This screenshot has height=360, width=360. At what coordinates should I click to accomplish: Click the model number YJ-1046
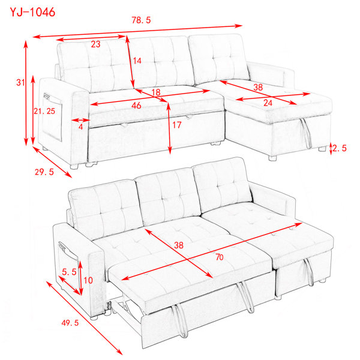(x=32, y=12)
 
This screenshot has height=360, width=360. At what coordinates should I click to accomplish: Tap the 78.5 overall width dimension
(x=141, y=20)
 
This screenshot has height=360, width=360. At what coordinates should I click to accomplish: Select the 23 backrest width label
(x=95, y=44)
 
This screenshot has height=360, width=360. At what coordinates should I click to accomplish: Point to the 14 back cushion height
(x=137, y=61)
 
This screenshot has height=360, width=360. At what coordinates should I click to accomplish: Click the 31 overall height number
(x=20, y=82)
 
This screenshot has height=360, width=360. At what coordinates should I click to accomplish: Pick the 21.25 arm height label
(x=44, y=111)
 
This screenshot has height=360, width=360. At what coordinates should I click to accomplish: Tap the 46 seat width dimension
(x=136, y=106)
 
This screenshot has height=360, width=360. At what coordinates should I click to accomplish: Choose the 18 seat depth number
(x=156, y=92)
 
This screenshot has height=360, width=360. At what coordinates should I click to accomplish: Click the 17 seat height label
(x=177, y=125)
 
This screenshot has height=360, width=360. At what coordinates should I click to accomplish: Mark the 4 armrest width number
(x=80, y=127)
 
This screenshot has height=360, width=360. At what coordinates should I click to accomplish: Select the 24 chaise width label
(x=268, y=103)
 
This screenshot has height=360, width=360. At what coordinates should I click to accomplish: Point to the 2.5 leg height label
(x=340, y=148)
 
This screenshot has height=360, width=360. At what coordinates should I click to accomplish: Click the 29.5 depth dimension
(x=44, y=172)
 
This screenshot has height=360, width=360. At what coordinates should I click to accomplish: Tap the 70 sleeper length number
(x=220, y=257)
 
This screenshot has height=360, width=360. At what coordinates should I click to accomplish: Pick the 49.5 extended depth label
(x=70, y=323)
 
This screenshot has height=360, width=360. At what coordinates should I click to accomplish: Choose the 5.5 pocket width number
(x=69, y=272)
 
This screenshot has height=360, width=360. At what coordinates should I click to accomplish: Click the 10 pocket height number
(x=88, y=280)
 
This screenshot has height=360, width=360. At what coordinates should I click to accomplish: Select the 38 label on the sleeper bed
(x=179, y=245)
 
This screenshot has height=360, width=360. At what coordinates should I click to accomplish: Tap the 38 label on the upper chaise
(x=258, y=87)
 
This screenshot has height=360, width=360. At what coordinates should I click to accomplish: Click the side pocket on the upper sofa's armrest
(x=52, y=117)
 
